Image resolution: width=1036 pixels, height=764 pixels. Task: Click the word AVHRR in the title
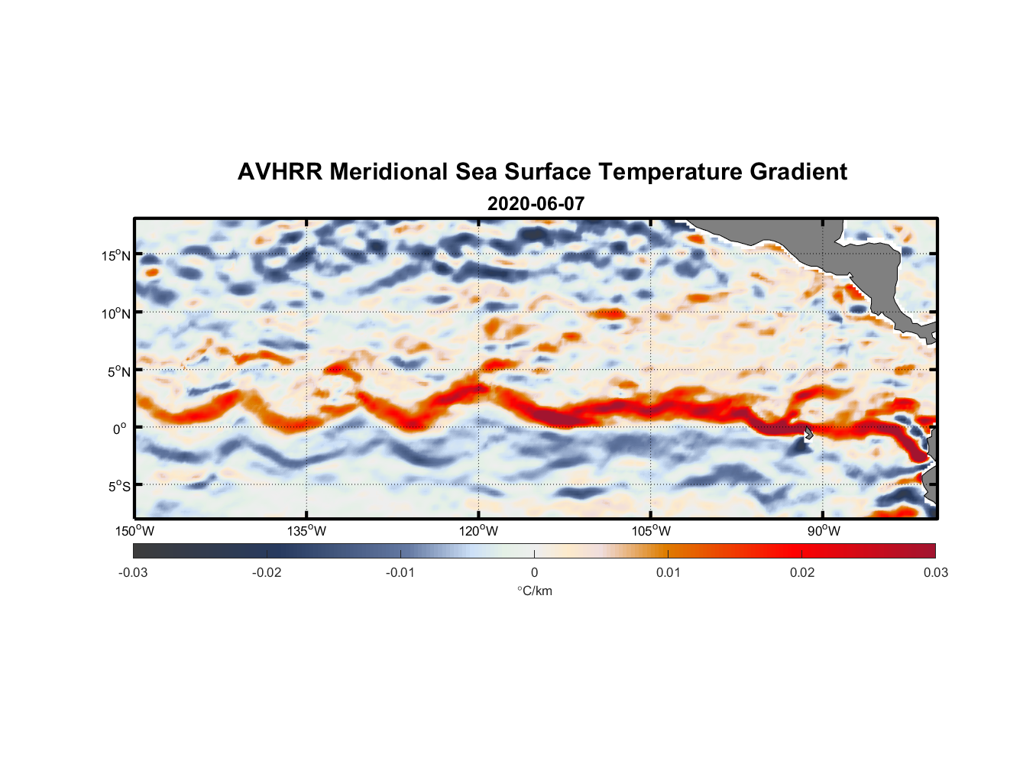(x=280, y=172)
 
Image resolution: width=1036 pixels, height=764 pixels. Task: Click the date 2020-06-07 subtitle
(x=536, y=204)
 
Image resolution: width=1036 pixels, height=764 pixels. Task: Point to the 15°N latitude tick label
(x=115, y=255)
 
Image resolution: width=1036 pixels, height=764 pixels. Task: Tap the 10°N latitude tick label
(x=115, y=313)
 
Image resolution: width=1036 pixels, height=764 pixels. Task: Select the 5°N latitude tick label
(x=118, y=371)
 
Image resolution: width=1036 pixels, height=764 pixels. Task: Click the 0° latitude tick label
(x=119, y=429)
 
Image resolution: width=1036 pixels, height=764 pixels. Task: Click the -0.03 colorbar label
(x=133, y=573)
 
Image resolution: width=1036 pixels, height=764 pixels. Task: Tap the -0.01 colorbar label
(x=400, y=573)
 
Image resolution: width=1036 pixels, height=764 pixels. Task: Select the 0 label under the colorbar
(x=534, y=573)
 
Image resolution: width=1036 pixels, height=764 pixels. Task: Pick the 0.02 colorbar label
(x=802, y=573)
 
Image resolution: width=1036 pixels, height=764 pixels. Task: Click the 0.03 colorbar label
(x=935, y=573)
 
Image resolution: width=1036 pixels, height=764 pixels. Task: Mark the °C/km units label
(x=534, y=591)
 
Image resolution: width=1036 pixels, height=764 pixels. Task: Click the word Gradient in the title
(x=798, y=172)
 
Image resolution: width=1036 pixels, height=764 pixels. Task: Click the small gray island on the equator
(x=808, y=433)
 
